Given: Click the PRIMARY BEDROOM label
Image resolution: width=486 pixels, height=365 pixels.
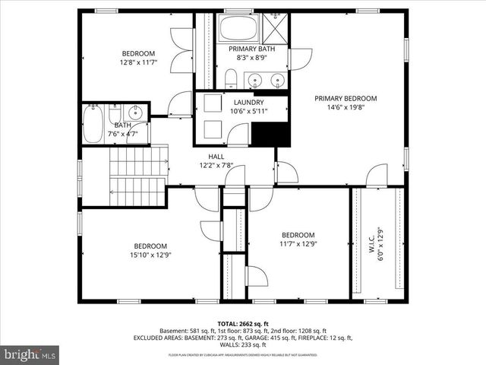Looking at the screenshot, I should (x=346, y=98).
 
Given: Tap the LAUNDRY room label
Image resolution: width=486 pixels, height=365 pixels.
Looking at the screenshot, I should (x=249, y=103).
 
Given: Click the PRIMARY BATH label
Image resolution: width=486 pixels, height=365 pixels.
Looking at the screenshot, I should (x=251, y=49).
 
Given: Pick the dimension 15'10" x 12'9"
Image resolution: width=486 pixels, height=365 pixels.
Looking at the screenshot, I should (x=150, y=255).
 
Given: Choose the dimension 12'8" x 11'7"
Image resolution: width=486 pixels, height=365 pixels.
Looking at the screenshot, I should (x=138, y=62).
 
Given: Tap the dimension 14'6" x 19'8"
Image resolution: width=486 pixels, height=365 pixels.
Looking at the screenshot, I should (x=346, y=107).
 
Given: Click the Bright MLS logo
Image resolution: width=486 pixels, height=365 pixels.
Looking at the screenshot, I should (x=30, y=354).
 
